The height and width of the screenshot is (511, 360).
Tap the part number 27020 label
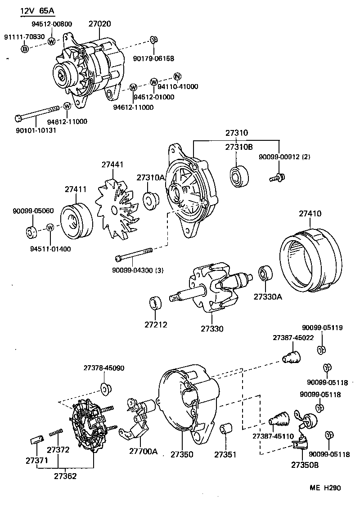pos(99,24)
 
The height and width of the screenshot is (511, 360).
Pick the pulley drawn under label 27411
pos(76,222)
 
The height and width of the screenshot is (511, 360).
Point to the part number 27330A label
pos(268,297)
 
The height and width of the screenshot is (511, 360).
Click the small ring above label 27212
pos(156,303)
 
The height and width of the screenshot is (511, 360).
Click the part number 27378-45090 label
pos(103,368)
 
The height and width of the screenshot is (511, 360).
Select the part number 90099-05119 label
pos(322,328)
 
